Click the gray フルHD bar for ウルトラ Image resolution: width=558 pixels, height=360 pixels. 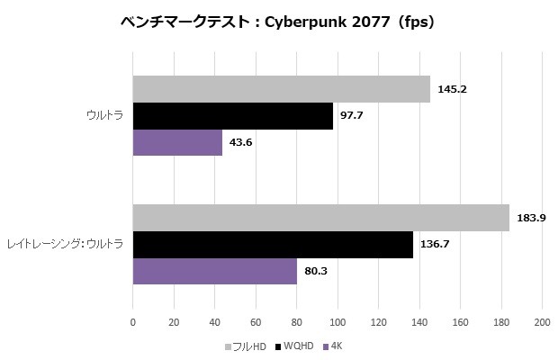(281, 90)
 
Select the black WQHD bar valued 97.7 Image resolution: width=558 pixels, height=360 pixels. (232, 116)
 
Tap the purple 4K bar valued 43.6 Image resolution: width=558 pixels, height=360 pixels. (177, 143)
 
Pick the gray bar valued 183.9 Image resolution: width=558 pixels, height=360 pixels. (320, 218)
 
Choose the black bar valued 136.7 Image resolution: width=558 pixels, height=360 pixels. (273, 245)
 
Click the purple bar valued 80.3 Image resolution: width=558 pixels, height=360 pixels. (215, 271)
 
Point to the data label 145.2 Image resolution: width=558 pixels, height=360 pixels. (452, 90)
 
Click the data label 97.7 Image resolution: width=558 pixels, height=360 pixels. (352, 116)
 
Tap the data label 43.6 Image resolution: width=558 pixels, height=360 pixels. (241, 143)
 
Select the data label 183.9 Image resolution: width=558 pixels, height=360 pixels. (531, 218)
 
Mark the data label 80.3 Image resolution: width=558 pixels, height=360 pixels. (316, 271)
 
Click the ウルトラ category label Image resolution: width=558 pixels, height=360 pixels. (105, 116)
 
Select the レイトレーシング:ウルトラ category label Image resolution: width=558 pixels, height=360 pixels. (65, 245)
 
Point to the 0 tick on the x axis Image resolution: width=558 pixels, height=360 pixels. (133, 321)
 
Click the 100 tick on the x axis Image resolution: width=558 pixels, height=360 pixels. (337, 321)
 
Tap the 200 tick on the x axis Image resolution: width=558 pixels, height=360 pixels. (542, 321)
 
